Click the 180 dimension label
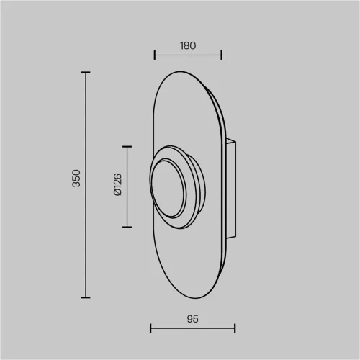click(x=188, y=45)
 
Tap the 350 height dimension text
click(x=76, y=179)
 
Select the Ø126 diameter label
click(x=117, y=184)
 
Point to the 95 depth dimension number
click(x=192, y=319)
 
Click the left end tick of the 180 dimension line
click(x=155, y=55)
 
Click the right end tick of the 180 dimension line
click(x=222, y=55)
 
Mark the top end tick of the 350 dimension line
click(x=86, y=72)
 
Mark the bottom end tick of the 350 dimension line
click(x=86, y=297)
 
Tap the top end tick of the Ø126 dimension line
click(x=127, y=146)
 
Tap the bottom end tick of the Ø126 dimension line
click(x=127, y=227)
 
